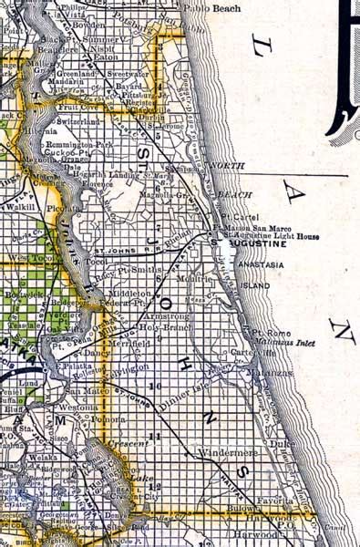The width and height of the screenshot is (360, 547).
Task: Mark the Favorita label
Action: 274,501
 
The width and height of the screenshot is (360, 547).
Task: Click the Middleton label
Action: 128,294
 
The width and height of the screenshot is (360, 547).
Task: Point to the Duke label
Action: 286,444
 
